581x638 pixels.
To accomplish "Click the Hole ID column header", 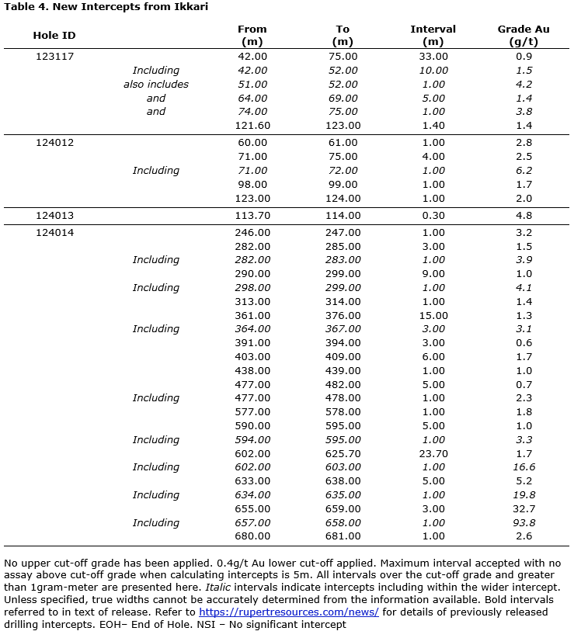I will [54, 36].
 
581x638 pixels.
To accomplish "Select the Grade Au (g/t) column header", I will [524, 36].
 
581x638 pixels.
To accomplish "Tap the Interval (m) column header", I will [433, 36].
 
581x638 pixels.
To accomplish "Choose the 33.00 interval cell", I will [433, 57].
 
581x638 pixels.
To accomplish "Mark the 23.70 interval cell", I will [433, 453].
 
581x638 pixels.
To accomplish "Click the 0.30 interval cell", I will [433, 216].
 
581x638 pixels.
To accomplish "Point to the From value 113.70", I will [252, 216].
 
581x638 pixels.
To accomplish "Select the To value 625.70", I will [343, 453].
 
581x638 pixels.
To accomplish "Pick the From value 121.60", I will [252, 126].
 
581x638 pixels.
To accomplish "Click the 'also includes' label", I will [155, 84].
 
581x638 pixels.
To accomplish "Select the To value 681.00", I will [343, 536].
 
